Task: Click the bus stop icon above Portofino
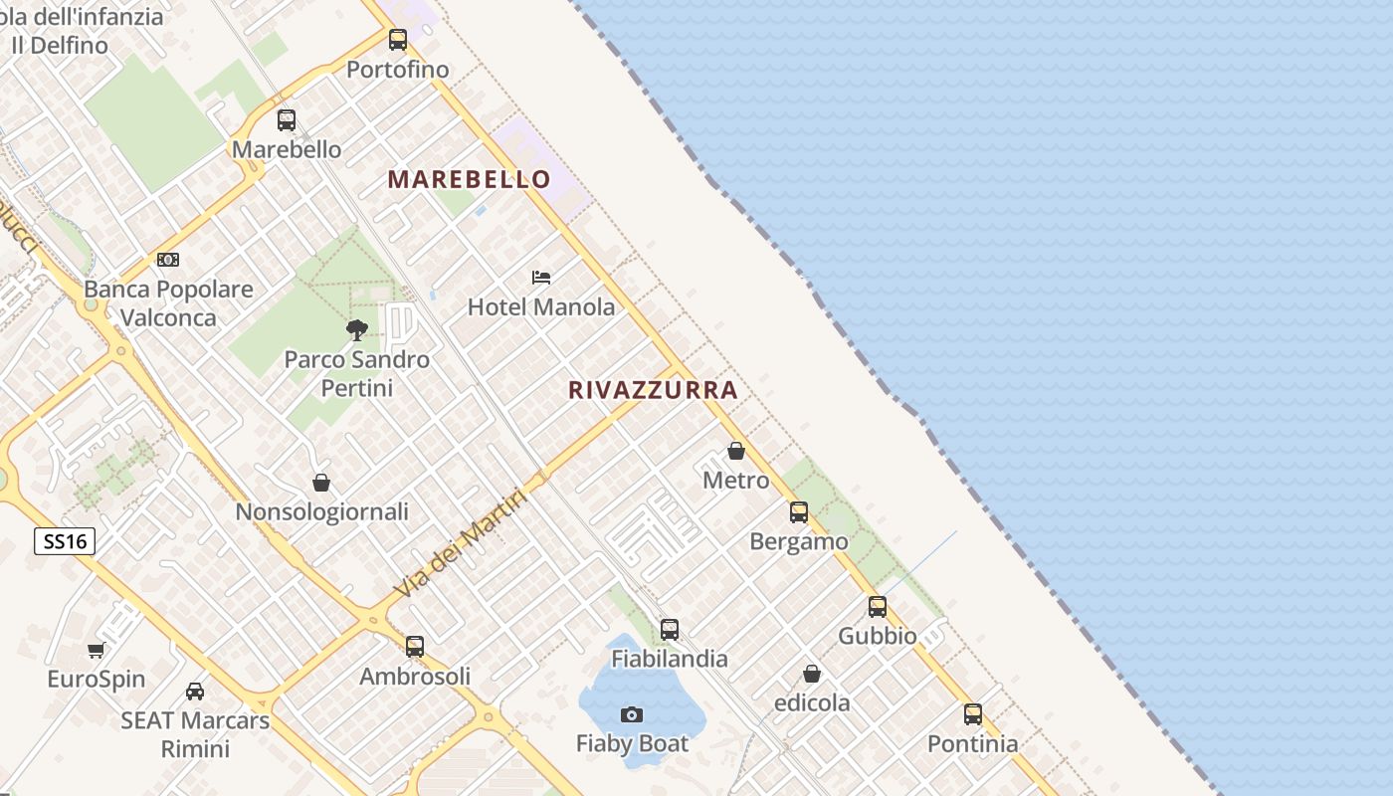pyautogui.click(x=398, y=40)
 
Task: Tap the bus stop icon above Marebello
pyautogui.click(x=287, y=120)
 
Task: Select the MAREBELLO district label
pyautogui.click(x=469, y=179)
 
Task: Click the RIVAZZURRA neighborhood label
pyautogui.click(x=653, y=390)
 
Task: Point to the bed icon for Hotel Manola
pyautogui.click(x=541, y=277)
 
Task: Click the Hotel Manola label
pyautogui.click(x=541, y=307)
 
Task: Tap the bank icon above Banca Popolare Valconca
pyautogui.click(x=168, y=260)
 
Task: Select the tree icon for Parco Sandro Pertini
pyautogui.click(x=356, y=329)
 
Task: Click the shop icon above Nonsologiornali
pyautogui.click(x=321, y=483)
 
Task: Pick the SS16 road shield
pyautogui.click(x=65, y=541)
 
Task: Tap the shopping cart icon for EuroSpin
pyautogui.click(x=96, y=650)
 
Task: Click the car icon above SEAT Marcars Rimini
pyautogui.click(x=195, y=691)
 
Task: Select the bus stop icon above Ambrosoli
pyautogui.click(x=415, y=647)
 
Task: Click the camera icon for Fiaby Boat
pyautogui.click(x=631, y=714)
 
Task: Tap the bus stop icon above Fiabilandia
pyautogui.click(x=670, y=629)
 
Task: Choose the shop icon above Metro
pyautogui.click(x=736, y=451)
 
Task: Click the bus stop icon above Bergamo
pyautogui.click(x=799, y=512)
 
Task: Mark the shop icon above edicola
pyautogui.click(x=812, y=674)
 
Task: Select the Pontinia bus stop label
pyautogui.click(x=972, y=744)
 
